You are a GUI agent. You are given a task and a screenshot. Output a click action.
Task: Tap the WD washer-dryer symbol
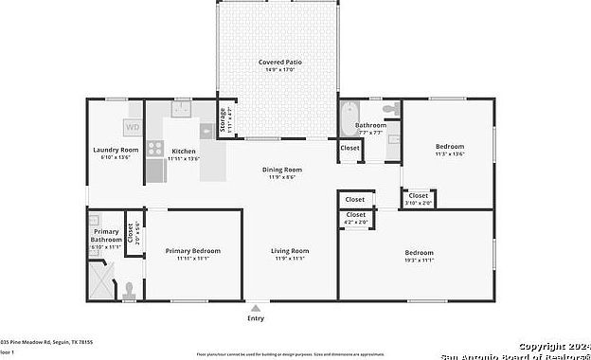click(133, 127)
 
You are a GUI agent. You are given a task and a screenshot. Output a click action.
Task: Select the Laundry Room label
click(116, 150)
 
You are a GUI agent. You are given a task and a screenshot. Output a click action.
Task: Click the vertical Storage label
click(224, 120)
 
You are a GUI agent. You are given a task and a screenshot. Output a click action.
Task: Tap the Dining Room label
click(281, 170)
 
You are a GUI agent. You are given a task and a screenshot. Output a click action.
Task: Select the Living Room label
click(290, 251)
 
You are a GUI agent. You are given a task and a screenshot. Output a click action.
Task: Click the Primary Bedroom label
click(192, 251)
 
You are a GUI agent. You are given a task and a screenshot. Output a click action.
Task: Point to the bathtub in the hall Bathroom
click(348, 120)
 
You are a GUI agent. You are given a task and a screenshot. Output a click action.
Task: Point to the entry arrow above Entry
click(256, 308)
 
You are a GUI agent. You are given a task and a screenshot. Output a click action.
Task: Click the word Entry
click(256, 318)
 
